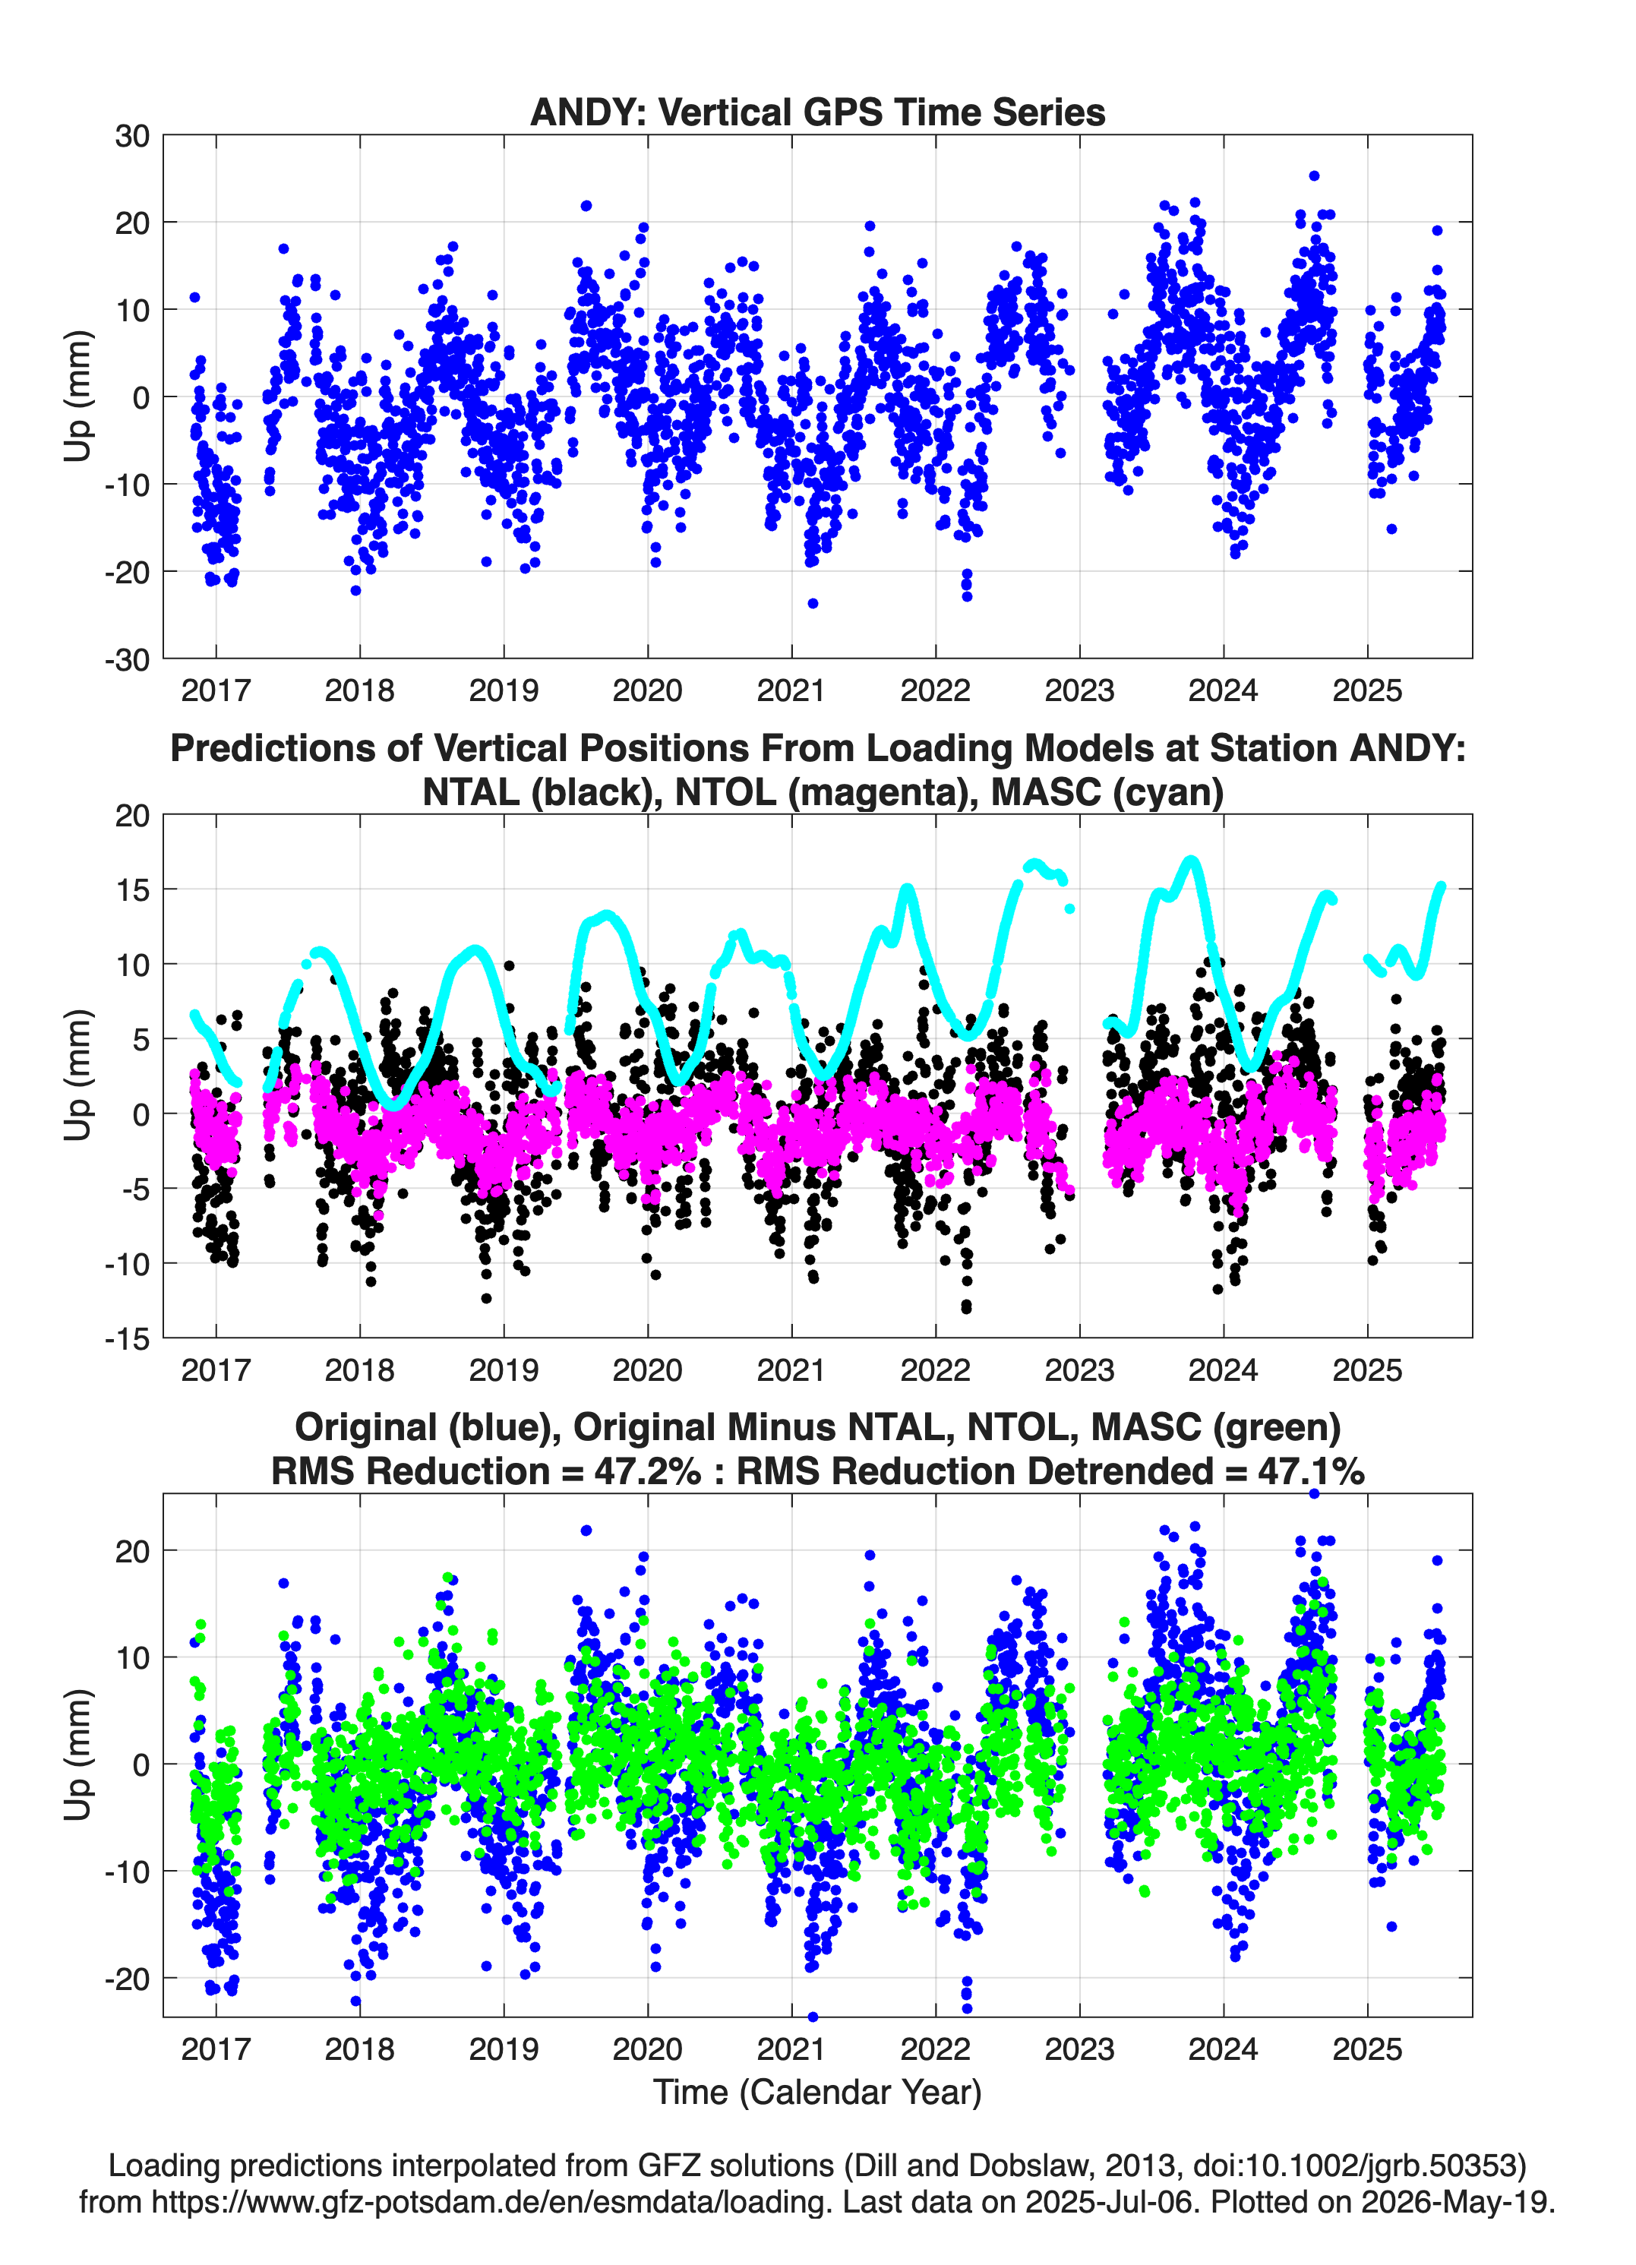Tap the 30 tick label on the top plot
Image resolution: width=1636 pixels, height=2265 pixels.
tap(132, 136)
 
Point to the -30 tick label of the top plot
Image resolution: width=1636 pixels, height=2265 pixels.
tap(127, 660)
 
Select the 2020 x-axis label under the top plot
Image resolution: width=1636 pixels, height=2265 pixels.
tap(647, 690)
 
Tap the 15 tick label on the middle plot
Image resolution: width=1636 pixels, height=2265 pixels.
tap(132, 889)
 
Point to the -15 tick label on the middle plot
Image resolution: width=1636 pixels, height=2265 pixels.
tap(127, 1339)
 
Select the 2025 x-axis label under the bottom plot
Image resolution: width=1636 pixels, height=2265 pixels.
tap(1367, 2049)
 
